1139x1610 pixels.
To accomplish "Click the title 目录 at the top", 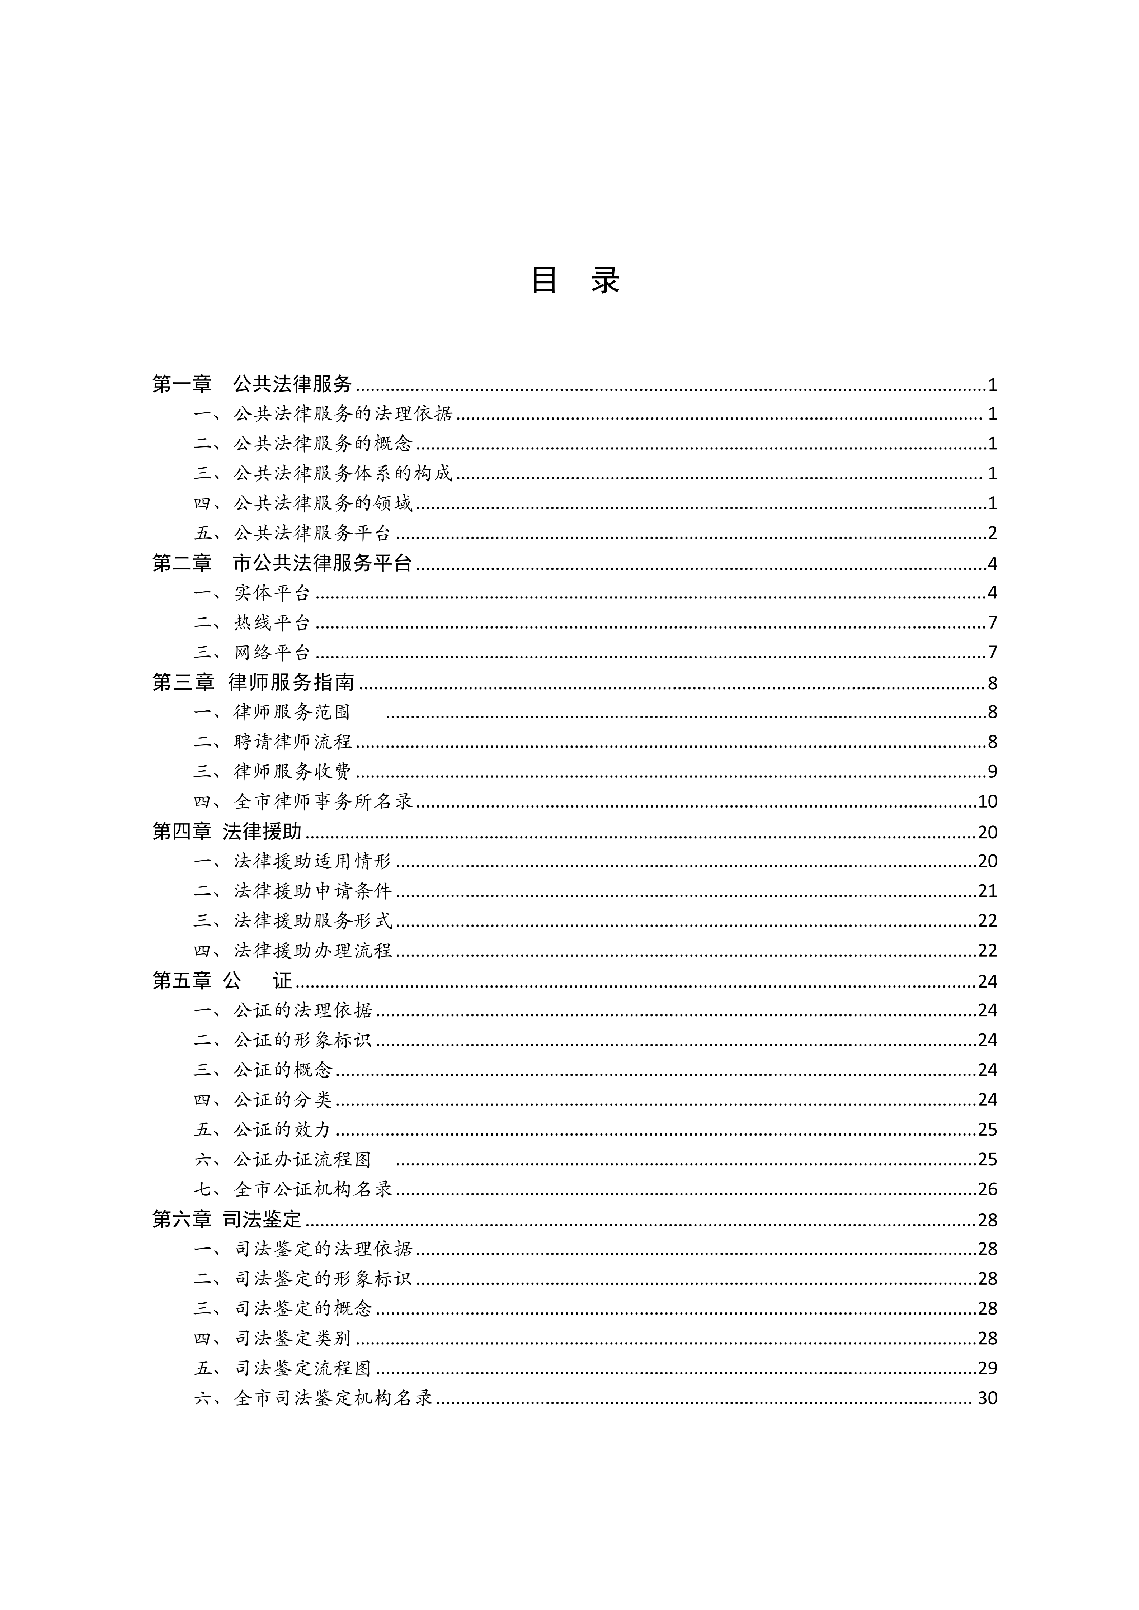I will (575, 280).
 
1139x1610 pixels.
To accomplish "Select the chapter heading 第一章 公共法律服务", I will (253, 384).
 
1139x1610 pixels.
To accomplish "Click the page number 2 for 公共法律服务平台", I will (992, 533).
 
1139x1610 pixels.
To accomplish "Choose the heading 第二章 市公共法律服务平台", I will (282, 563).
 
